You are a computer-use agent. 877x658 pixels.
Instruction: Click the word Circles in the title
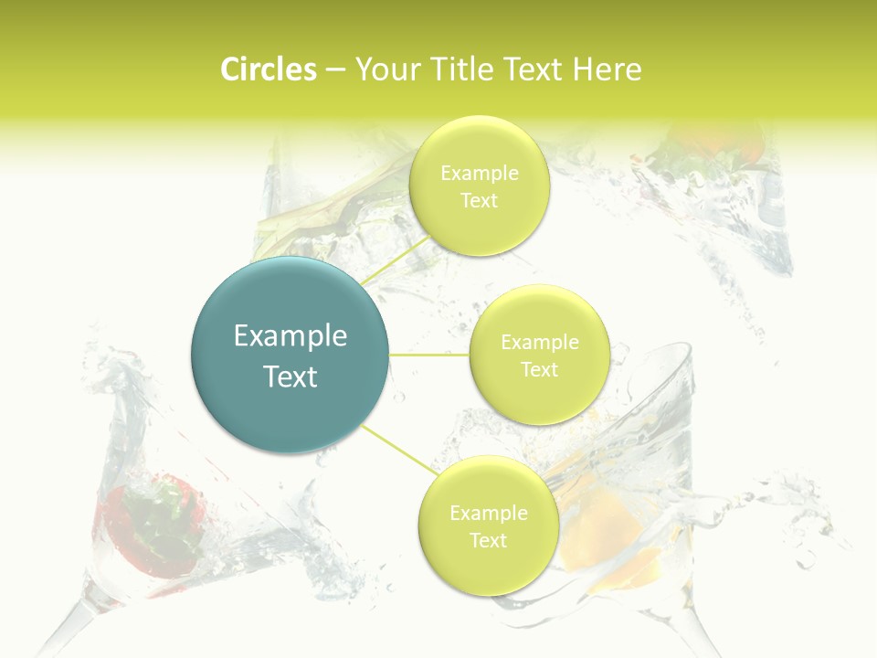pyautogui.click(x=268, y=69)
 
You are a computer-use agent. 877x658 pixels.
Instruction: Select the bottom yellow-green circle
pyautogui.click(x=488, y=567)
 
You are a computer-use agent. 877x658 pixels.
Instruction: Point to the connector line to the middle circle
pyautogui.click(x=428, y=355)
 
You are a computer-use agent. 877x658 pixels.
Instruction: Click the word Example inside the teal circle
pyautogui.click(x=291, y=336)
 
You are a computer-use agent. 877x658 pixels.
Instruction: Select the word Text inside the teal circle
pyautogui.click(x=291, y=377)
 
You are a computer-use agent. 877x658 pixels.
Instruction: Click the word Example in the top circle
pyautogui.click(x=480, y=174)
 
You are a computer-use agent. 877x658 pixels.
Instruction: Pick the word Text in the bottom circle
pyautogui.click(x=488, y=541)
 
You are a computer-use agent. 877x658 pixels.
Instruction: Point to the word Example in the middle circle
pyautogui.click(x=540, y=343)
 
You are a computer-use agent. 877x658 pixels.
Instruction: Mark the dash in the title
pyautogui.click(x=335, y=69)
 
